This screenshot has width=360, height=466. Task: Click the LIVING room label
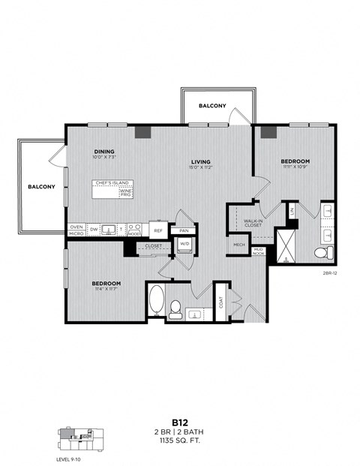point(200,161)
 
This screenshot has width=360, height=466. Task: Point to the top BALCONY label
point(212,107)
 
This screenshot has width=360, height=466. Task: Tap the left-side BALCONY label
point(42,186)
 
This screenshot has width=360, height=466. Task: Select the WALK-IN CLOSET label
point(253,223)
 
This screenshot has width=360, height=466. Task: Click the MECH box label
point(239,245)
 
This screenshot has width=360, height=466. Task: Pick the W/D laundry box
point(184,244)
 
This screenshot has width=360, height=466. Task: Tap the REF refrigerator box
point(157,230)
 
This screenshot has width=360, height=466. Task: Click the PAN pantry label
point(183,230)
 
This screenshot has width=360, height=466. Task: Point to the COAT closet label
point(222,302)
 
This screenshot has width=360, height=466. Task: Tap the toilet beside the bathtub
point(176,307)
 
